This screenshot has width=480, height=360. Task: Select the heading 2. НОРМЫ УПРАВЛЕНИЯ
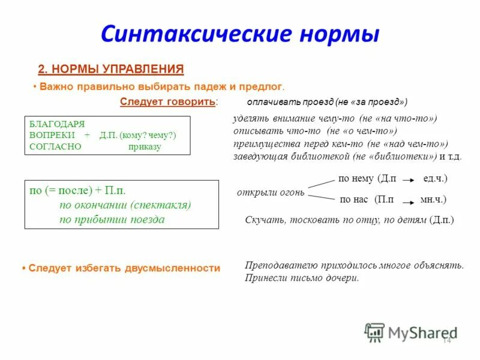[x=111, y=68]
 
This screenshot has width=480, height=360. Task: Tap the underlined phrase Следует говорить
[x=167, y=101]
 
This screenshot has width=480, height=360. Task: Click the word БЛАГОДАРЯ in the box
[x=56, y=124]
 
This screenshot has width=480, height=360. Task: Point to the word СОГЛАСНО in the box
[x=55, y=146]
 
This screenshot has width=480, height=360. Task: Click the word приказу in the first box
[x=145, y=146]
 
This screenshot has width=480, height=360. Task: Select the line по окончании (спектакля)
[x=125, y=205]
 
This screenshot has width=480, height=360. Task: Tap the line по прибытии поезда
[x=112, y=219]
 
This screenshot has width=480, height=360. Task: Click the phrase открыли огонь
[x=271, y=193]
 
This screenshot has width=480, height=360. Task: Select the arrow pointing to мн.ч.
[x=407, y=199]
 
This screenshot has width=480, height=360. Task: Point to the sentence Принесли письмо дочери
[x=302, y=278]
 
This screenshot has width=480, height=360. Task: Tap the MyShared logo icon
[x=375, y=332]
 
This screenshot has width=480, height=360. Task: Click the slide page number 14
[x=446, y=340]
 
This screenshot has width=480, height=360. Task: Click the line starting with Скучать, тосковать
[x=349, y=220]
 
